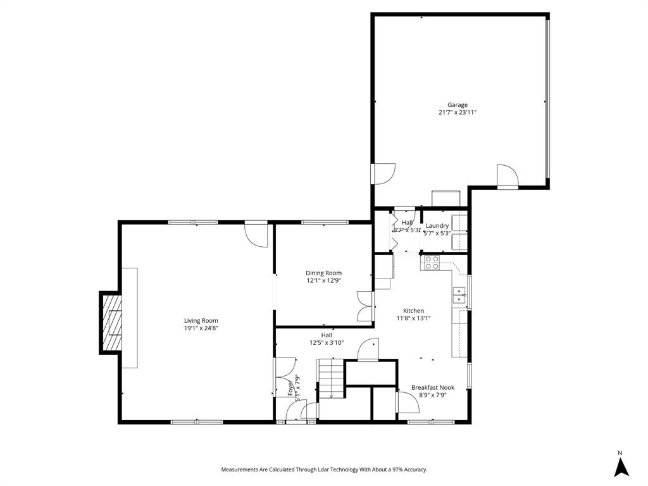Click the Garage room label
458,105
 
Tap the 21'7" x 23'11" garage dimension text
458,113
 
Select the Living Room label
201,321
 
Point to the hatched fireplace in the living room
112,323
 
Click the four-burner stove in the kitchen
432,263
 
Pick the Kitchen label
414,311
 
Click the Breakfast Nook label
433,387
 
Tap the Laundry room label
437,226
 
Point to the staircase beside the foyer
331,378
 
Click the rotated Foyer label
291,387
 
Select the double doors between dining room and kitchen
365,306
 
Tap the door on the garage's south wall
507,177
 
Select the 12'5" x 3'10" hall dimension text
326,343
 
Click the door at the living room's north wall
256,232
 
